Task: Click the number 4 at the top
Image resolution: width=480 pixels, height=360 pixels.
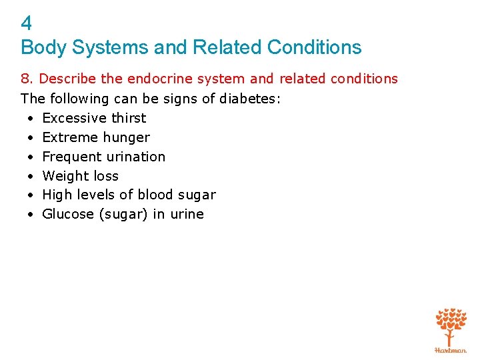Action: (x=26, y=24)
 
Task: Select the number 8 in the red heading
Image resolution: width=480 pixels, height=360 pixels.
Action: (x=25, y=79)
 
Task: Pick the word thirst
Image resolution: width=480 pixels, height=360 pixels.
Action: (x=129, y=118)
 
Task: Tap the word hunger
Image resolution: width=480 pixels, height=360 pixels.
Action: (x=127, y=137)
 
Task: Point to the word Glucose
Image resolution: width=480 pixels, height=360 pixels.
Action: (x=67, y=214)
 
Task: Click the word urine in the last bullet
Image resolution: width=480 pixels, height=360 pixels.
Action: (x=187, y=214)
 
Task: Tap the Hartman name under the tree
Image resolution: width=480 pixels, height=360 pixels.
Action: (x=451, y=349)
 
